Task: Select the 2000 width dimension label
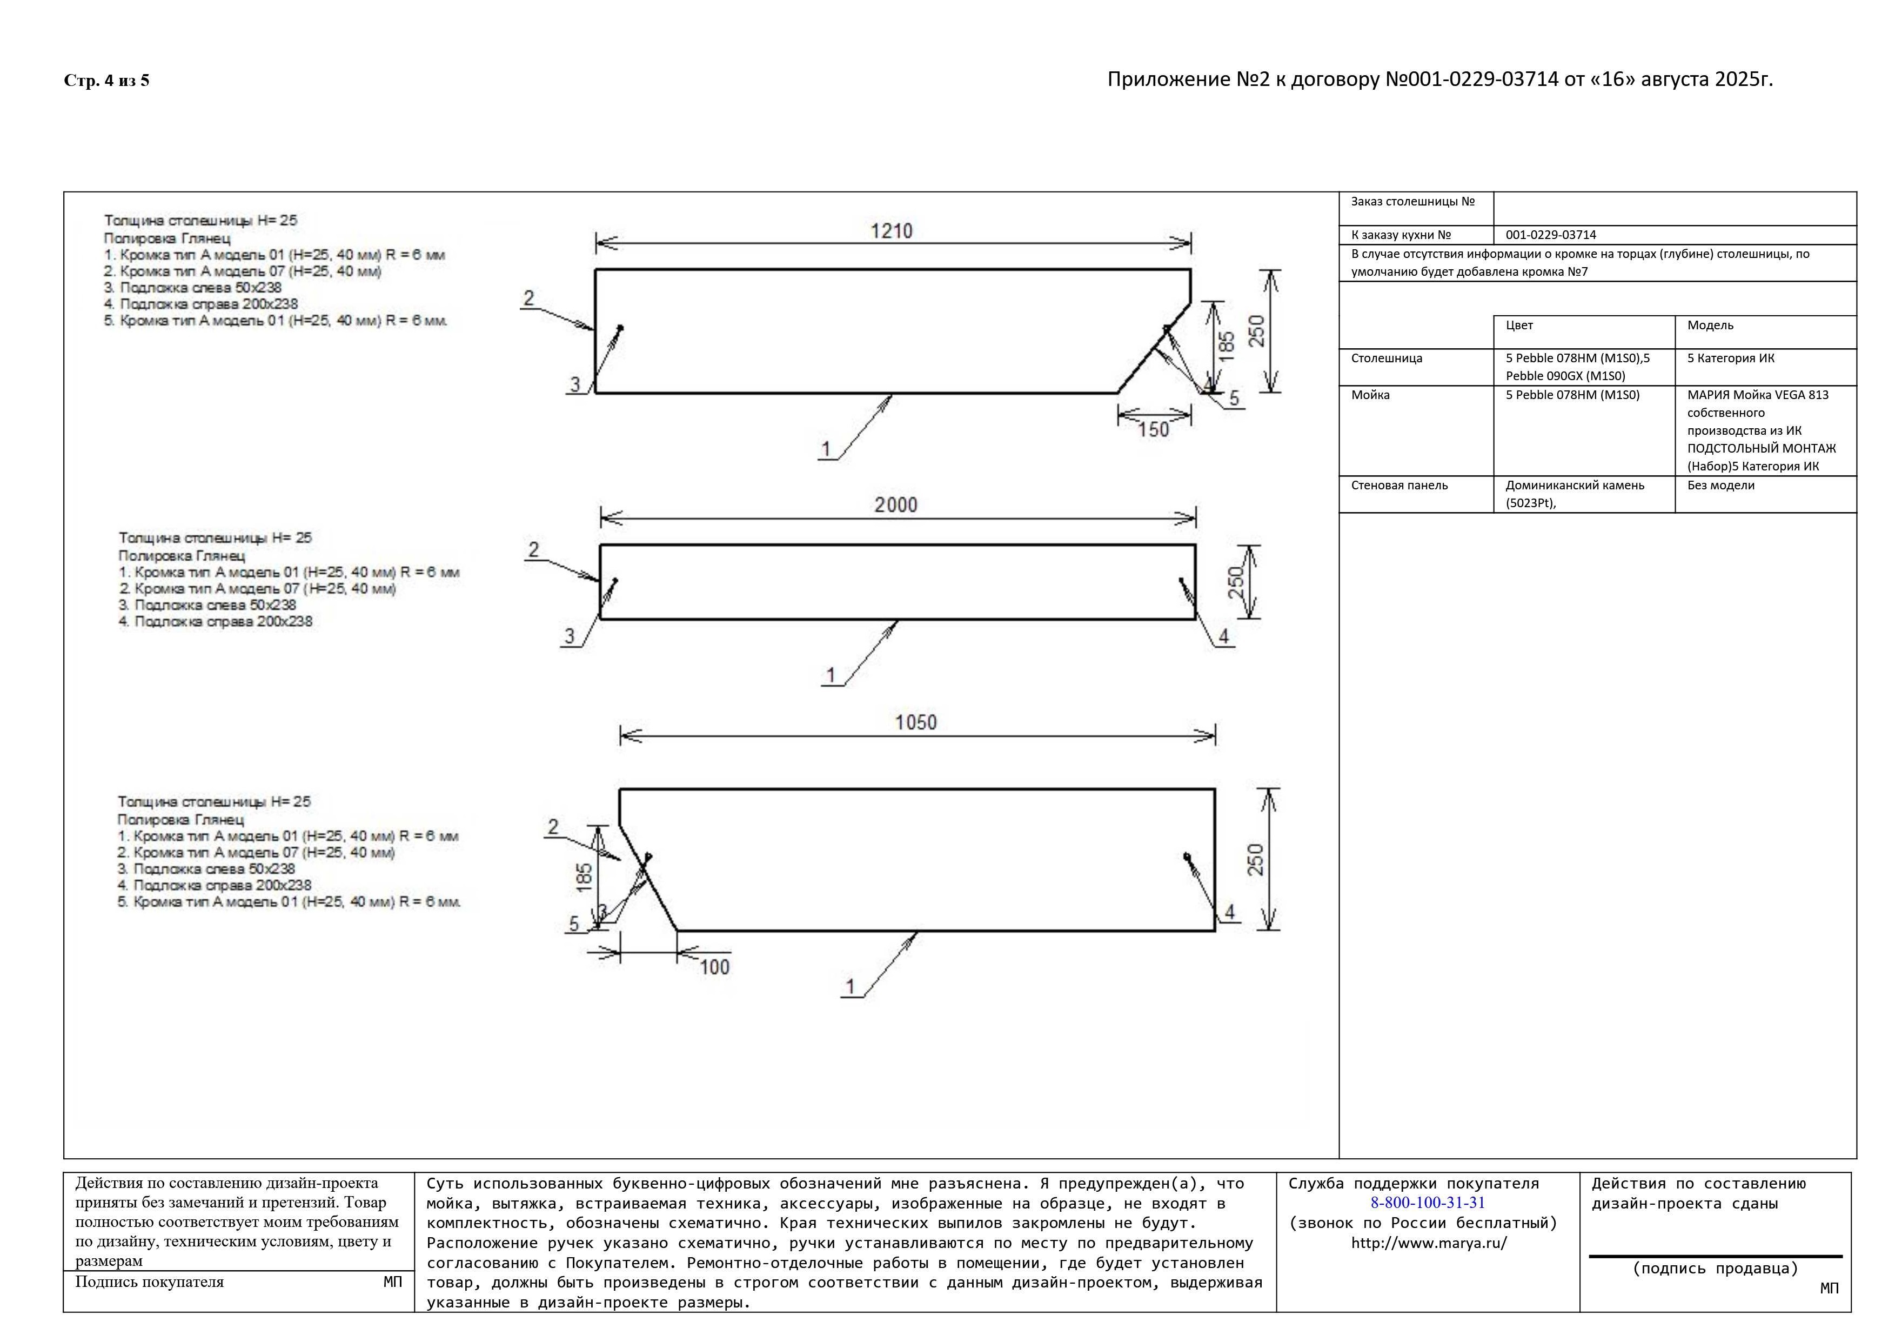point(895,504)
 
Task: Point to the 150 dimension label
point(1153,429)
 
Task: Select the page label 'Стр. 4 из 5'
point(106,80)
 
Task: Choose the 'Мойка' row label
point(1370,395)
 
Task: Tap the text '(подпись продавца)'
point(1715,1269)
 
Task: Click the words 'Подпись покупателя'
point(149,1282)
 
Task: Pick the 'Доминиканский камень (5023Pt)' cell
point(1574,494)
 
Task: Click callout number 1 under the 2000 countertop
point(831,675)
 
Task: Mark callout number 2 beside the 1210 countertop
point(528,298)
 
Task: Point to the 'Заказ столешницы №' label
point(1412,202)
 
